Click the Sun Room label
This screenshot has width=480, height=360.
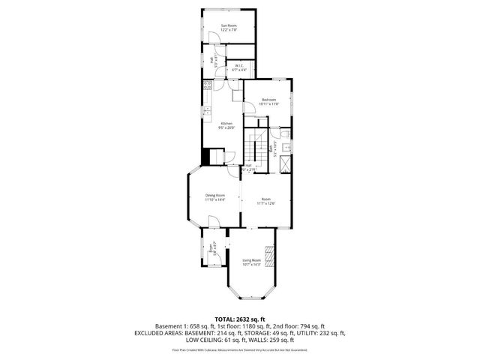(229, 28)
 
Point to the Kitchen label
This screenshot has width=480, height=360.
(226, 125)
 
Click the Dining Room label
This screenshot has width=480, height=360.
(215, 197)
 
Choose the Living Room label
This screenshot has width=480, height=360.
(251, 262)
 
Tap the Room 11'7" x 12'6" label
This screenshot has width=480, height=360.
(265, 200)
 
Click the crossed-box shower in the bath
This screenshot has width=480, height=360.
(286, 160)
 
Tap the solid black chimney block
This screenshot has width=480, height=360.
(205, 158)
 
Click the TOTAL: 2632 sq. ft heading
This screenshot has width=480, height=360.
(239, 319)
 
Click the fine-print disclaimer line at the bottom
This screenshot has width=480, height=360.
(239, 349)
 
